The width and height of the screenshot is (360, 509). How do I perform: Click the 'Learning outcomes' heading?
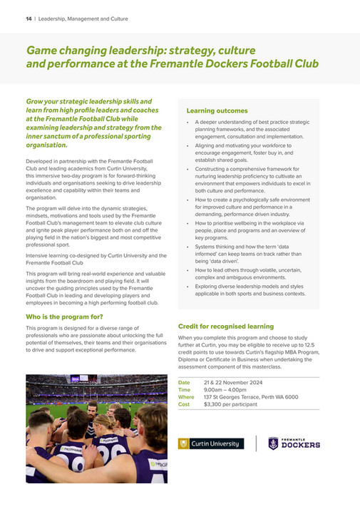coord(217,111)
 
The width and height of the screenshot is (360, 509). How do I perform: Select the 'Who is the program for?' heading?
coord(64,316)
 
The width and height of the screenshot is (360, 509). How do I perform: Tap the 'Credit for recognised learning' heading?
coord(226,326)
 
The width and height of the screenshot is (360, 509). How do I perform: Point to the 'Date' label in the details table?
coord(184,383)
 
